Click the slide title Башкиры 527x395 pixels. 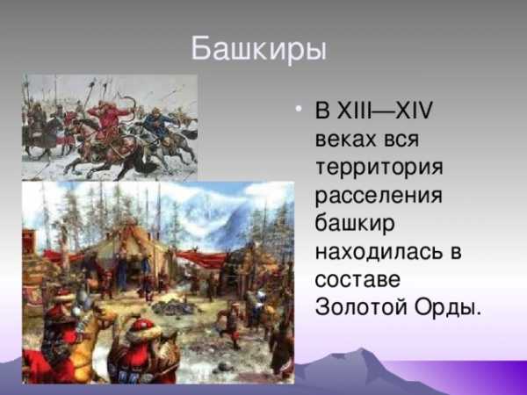(259, 49)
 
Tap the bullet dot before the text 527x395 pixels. (298, 109)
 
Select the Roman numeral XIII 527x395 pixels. (354, 110)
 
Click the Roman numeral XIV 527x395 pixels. (414, 110)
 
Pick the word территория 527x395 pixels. (379, 167)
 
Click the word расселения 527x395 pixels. (379, 195)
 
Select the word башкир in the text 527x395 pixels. (355, 222)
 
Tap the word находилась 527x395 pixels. (379, 251)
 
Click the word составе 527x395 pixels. (357, 280)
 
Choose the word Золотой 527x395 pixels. (362, 306)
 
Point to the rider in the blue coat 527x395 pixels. (157, 125)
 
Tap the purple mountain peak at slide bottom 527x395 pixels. (362, 352)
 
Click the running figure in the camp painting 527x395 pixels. (231, 323)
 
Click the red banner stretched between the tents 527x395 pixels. (201, 259)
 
